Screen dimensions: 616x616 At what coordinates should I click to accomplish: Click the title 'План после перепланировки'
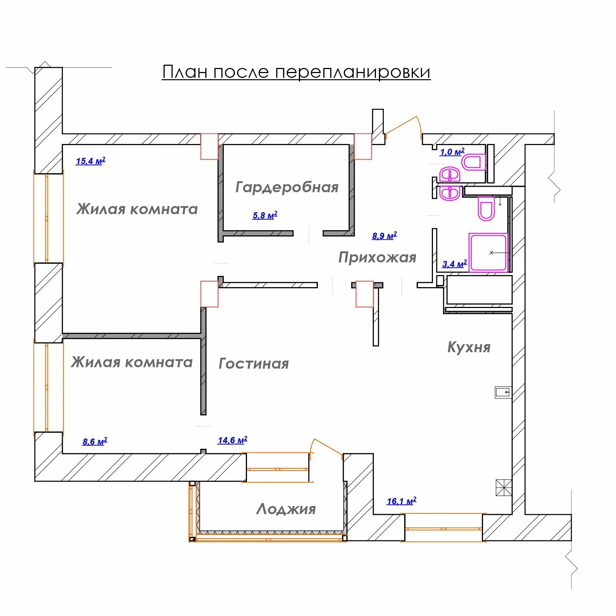click(296, 72)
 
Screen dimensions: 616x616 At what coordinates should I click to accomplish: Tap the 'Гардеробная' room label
click(287, 187)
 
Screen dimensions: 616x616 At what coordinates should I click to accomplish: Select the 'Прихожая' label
click(377, 258)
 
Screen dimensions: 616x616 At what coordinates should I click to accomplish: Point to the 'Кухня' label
click(469, 347)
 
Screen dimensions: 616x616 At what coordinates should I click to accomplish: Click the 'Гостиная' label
click(254, 364)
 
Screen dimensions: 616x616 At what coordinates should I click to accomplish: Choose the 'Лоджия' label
click(286, 509)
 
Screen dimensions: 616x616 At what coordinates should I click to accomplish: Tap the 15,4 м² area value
click(91, 161)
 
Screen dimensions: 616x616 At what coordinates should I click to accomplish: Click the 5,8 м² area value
click(265, 215)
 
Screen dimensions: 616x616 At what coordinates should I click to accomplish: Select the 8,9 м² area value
click(384, 236)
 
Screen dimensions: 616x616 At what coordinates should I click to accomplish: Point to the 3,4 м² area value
click(455, 264)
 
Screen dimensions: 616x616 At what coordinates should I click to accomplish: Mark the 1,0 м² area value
click(452, 152)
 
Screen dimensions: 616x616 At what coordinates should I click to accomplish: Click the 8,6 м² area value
click(95, 441)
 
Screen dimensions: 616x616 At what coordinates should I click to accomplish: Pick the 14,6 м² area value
click(232, 440)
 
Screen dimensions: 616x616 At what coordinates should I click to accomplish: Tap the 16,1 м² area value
click(401, 501)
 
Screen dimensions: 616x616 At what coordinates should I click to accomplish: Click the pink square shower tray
click(488, 253)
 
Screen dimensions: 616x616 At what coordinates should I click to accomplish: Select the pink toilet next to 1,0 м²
click(474, 162)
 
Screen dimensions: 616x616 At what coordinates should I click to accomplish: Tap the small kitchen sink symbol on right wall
click(503, 392)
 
